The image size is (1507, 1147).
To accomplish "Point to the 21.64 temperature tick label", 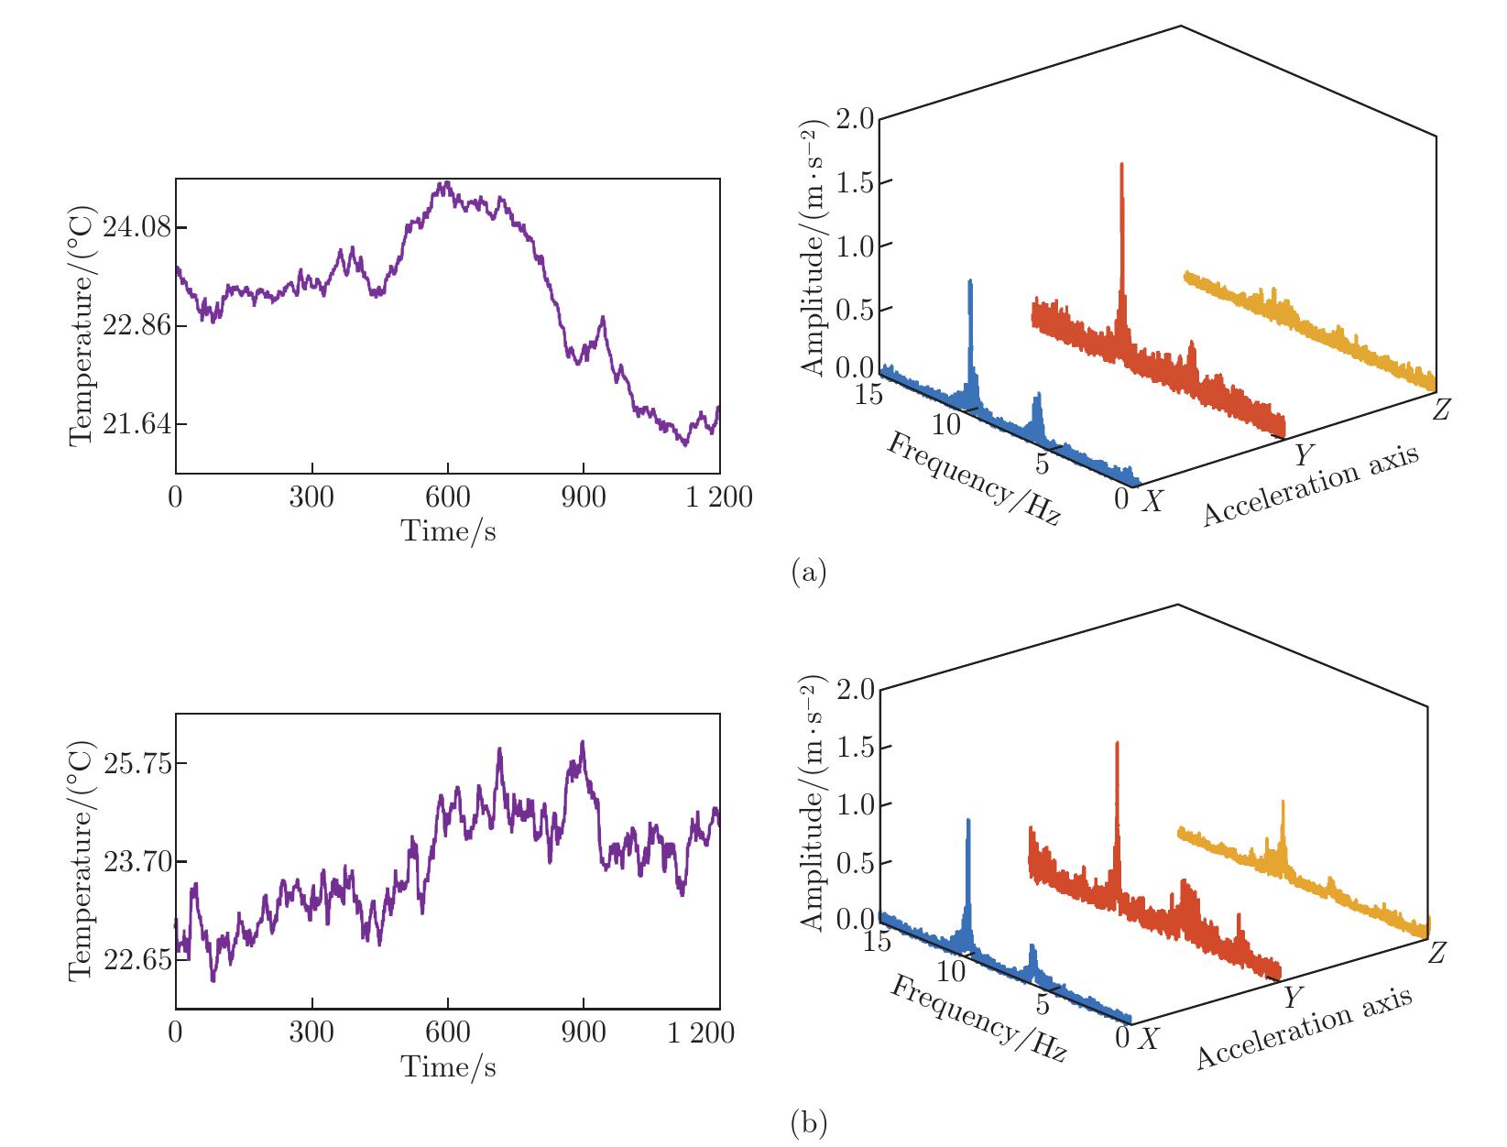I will coord(137,424).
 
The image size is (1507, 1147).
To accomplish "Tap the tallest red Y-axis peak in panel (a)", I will coord(1121,167).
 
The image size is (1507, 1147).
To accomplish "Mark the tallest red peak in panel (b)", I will coord(1117,744).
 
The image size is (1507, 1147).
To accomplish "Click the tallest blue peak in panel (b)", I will coord(967,822).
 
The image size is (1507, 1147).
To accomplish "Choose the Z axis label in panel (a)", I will coord(1442,410).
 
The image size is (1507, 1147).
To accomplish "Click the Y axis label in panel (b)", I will coord(1293,997).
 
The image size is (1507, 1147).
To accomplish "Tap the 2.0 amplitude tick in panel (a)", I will coord(855,120).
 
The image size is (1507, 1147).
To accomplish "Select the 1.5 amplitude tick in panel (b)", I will coord(855,748).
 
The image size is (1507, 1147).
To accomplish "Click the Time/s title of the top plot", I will coord(448,530).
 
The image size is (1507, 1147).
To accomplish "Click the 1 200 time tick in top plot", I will coord(719,497).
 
